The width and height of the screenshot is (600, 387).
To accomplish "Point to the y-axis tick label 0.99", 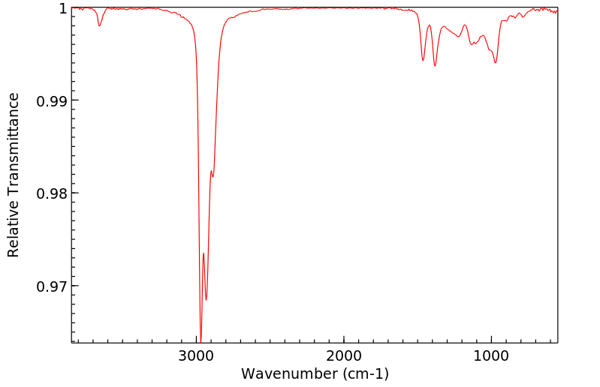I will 52,100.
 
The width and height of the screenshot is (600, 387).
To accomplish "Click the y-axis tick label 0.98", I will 52,193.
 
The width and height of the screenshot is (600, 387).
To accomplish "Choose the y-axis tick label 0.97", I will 52,286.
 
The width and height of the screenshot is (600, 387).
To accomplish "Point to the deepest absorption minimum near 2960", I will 201,340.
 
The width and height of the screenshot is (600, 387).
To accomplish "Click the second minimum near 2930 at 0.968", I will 207,300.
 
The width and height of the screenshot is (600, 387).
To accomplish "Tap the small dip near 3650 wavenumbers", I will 99,26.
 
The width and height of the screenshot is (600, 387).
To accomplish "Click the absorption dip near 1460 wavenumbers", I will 424,60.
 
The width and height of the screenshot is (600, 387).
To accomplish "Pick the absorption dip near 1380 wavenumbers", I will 435,66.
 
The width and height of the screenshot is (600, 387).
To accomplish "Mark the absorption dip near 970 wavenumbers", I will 496,62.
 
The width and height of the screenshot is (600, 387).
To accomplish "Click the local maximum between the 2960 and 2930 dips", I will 204,253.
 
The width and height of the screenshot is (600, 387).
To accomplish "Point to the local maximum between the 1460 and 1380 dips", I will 430,25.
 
